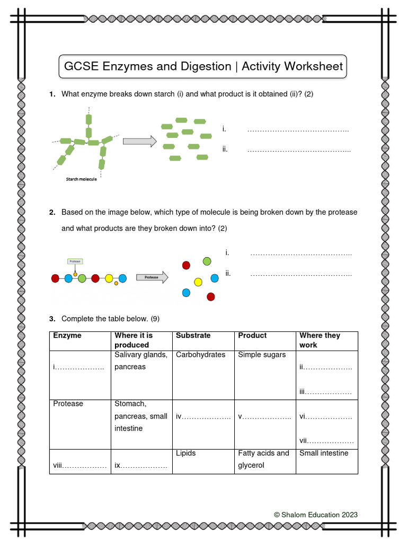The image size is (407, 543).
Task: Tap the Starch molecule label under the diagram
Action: (x=81, y=179)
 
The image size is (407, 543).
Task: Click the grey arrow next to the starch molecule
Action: (x=140, y=141)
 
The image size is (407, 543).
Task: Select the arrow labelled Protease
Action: (x=153, y=277)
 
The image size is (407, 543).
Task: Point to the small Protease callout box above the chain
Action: (x=75, y=261)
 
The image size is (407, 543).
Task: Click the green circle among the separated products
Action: (x=207, y=261)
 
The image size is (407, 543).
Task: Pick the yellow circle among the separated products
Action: (x=198, y=282)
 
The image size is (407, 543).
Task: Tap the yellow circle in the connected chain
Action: (x=109, y=278)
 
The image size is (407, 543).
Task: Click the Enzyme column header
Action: (x=67, y=336)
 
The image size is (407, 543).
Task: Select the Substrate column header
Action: (x=193, y=336)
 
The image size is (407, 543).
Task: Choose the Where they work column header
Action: (x=320, y=340)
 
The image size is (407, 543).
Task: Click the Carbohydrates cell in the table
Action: (x=200, y=355)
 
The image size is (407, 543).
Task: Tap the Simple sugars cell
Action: (x=262, y=355)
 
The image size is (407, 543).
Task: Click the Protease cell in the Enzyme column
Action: (x=68, y=404)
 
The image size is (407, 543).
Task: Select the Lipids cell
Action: (x=185, y=453)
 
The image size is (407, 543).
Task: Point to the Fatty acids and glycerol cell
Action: (x=263, y=459)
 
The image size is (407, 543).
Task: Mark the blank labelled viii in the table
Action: (x=79, y=466)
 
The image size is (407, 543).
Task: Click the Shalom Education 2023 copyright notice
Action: (x=315, y=514)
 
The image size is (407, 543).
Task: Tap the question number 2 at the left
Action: (x=52, y=212)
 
